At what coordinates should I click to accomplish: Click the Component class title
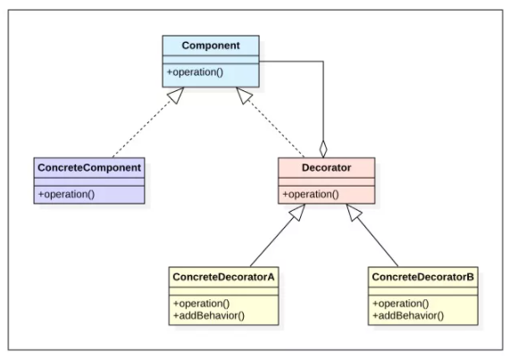(211, 46)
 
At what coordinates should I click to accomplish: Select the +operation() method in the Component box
(195, 72)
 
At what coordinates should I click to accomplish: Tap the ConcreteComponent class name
(89, 168)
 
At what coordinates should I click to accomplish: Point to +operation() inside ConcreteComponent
(67, 194)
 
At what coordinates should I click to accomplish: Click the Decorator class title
(326, 168)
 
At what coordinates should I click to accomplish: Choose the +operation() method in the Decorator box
(311, 194)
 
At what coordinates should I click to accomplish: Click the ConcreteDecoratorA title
(223, 277)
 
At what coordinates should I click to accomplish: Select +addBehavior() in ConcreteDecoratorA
(209, 315)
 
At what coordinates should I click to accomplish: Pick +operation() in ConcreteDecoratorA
(201, 304)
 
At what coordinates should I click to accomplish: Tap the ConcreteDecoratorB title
(423, 277)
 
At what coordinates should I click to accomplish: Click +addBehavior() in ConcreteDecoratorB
(408, 315)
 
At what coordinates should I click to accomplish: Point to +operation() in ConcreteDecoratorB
(401, 304)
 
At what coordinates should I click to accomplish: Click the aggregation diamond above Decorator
(323, 149)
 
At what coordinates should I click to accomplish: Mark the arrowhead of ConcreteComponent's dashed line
(176, 95)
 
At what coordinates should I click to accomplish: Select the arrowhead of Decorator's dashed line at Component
(244, 95)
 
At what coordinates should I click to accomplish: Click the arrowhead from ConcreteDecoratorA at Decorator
(297, 213)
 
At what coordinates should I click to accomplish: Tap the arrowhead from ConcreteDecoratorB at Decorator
(354, 213)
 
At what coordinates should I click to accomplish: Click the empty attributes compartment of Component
(211, 60)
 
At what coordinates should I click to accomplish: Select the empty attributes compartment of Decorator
(326, 181)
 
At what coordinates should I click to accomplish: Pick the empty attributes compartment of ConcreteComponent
(89, 181)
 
